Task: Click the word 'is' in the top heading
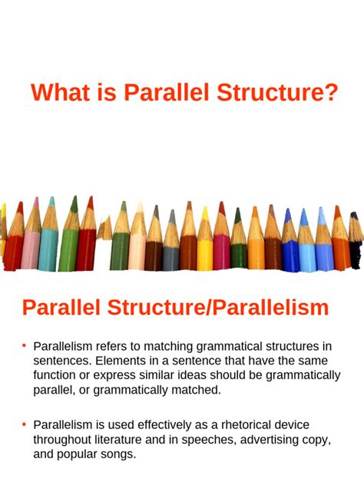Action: (x=111, y=94)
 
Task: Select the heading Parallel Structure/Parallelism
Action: (x=175, y=308)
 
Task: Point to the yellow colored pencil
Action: (x=204, y=246)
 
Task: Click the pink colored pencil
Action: (x=31, y=242)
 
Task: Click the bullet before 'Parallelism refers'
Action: (x=25, y=345)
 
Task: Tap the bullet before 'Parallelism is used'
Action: (x=25, y=424)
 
